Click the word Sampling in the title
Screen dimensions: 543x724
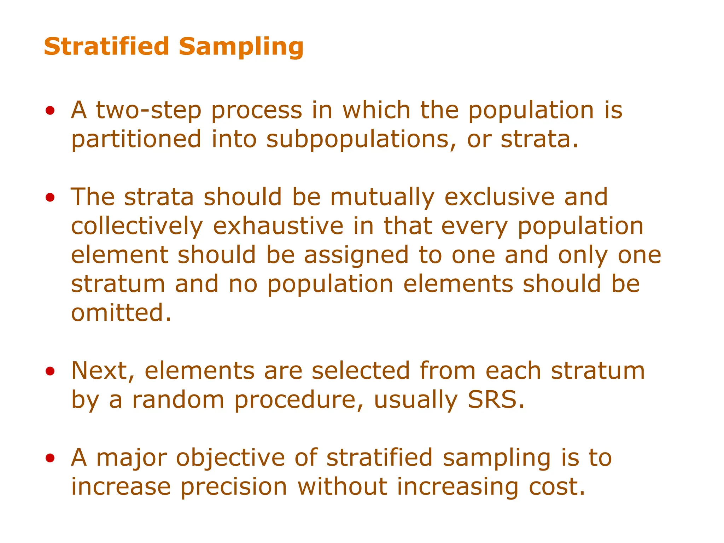(x=241, y=47)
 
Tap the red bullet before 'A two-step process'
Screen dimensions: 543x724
(x=50, y=111)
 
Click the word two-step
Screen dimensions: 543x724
(x=148, y=111)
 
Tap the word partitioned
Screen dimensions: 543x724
(x=136, y=140)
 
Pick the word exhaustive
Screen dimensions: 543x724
(x=278, y=227)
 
